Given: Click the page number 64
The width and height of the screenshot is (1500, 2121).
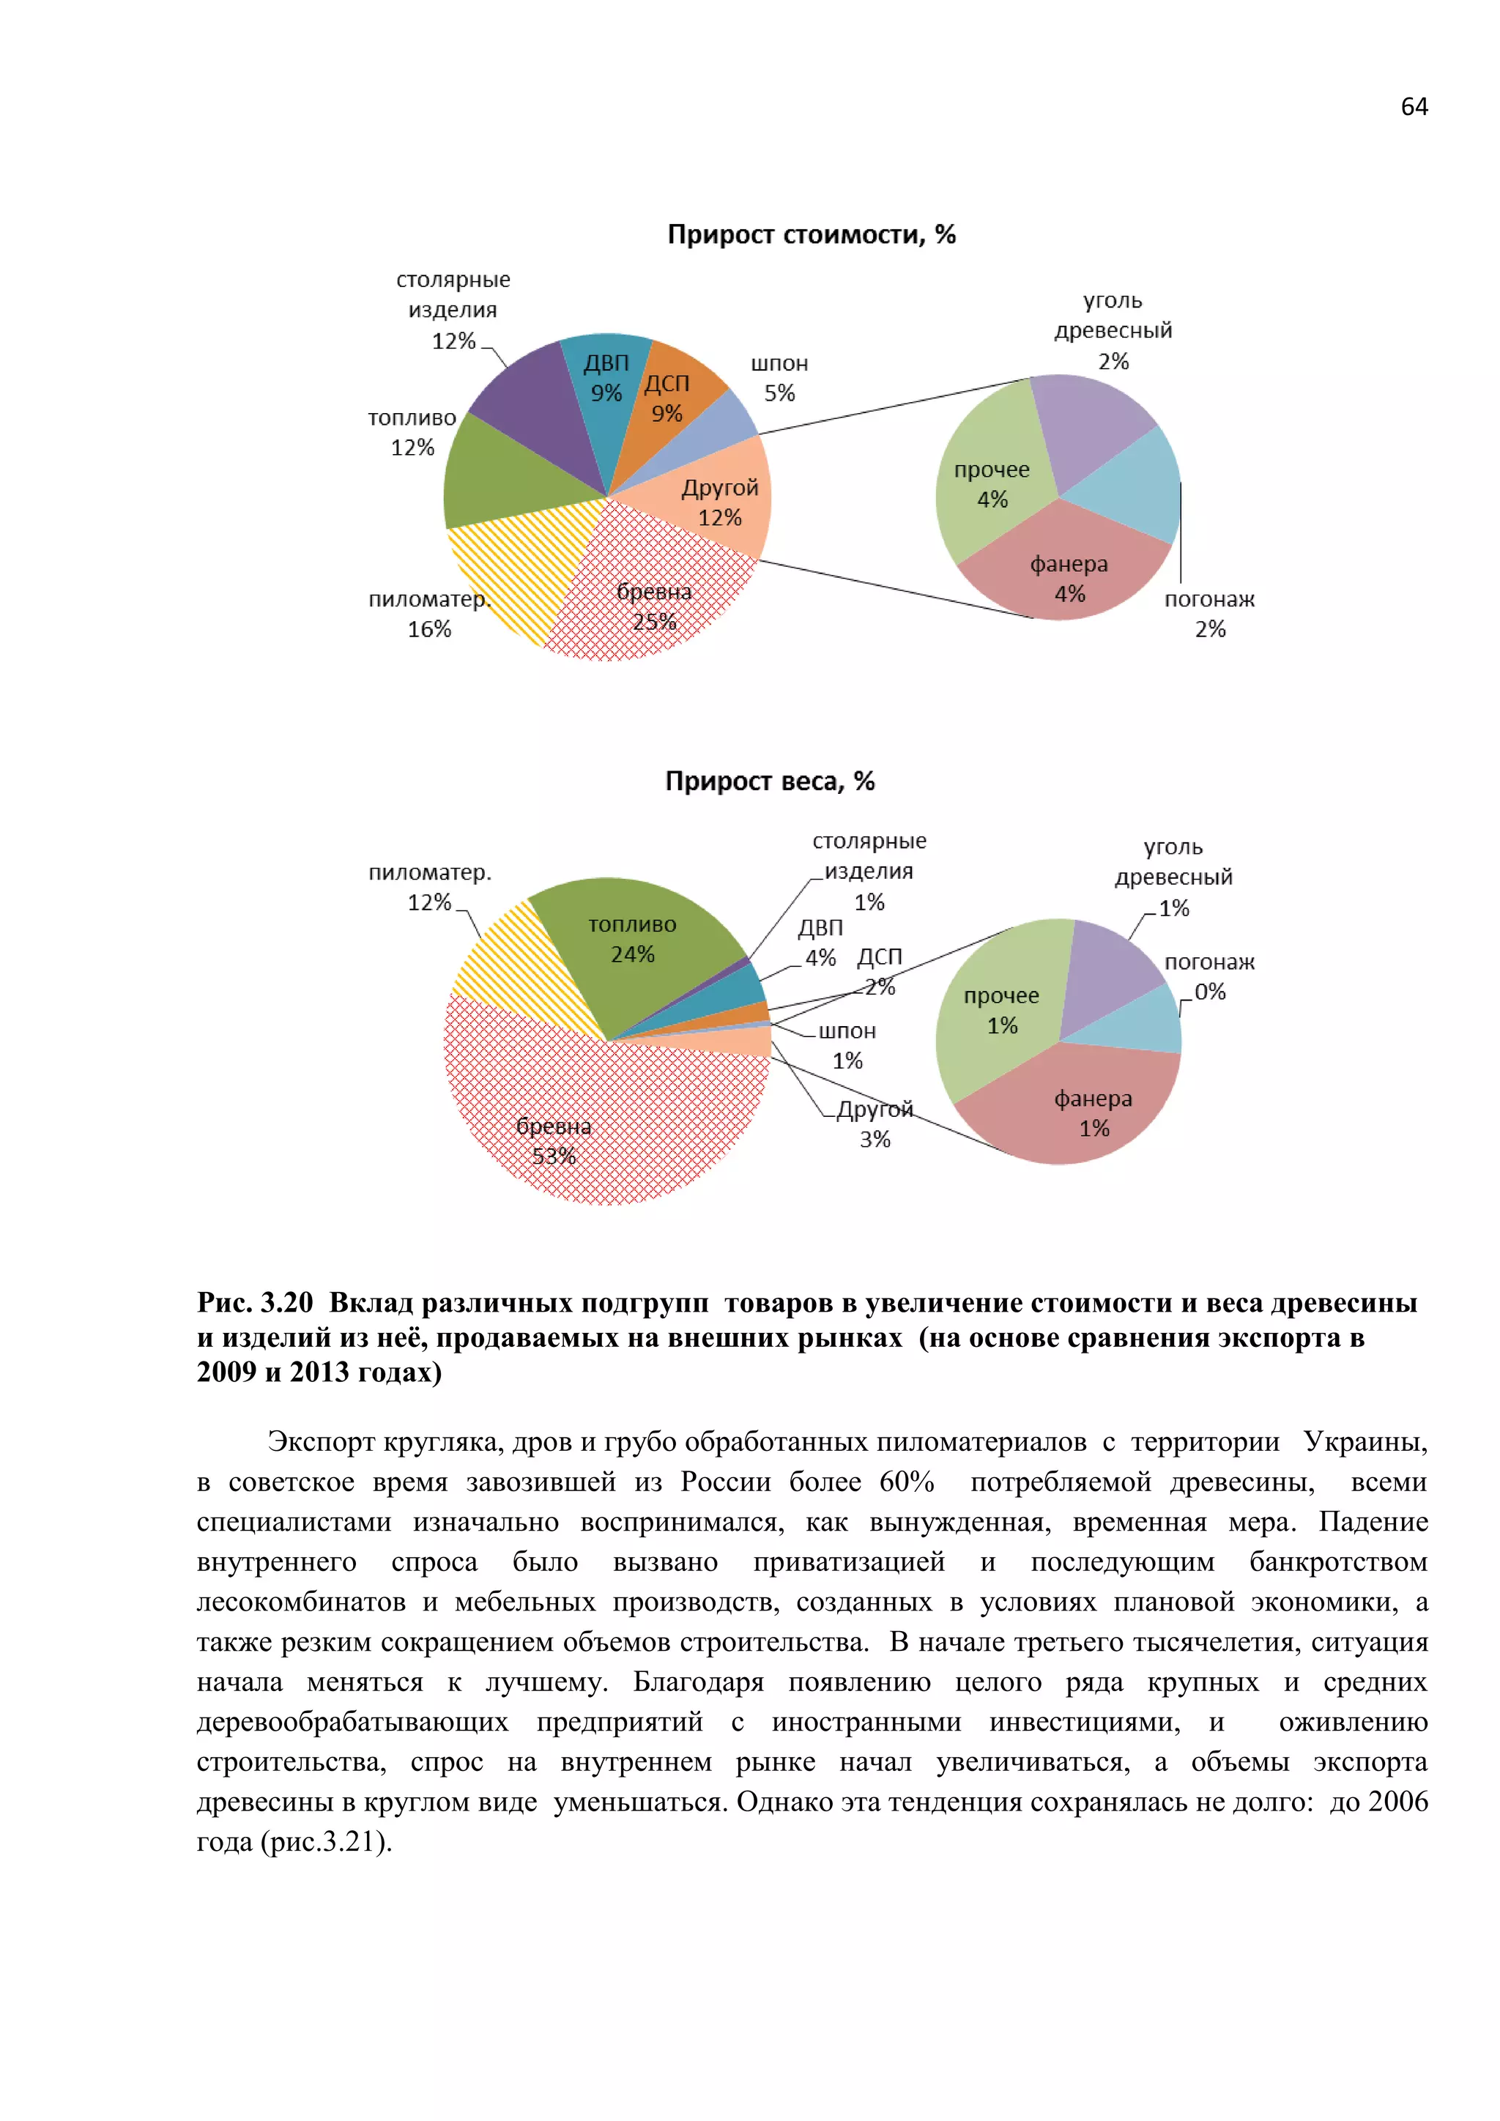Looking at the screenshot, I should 1413,107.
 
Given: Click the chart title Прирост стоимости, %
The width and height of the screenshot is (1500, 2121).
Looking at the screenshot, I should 811,234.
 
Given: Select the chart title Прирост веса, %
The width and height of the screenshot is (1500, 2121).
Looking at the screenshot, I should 769,781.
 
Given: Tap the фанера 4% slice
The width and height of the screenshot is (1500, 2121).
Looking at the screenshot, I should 1069,577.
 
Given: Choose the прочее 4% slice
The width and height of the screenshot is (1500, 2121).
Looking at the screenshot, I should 991,484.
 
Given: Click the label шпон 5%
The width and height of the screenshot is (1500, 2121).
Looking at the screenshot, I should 779,378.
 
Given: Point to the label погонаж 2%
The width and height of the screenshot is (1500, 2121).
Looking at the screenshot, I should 1209,614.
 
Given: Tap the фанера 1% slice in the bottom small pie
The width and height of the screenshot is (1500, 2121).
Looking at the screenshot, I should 1093,1112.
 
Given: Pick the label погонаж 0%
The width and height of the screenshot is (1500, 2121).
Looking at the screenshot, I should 1209,976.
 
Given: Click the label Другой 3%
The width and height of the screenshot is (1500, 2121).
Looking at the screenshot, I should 875,1123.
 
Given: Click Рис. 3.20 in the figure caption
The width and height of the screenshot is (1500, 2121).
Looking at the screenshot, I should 255,1302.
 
